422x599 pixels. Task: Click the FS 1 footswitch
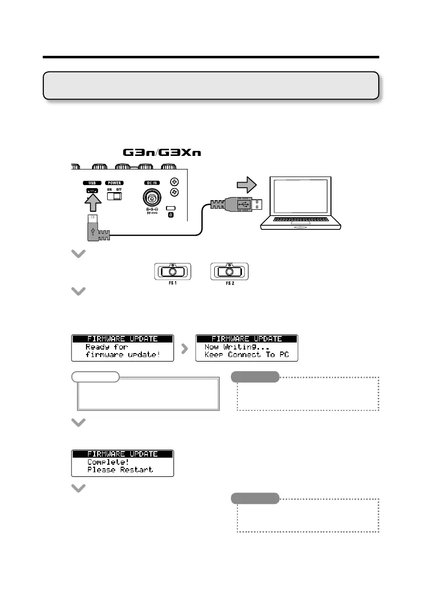tap(172, 272)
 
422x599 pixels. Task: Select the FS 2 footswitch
tap(229, 272)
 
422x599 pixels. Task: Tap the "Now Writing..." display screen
tap(246, 347)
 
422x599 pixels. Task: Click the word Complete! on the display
tap(108, 462)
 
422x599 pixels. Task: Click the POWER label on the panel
tap(115, 183)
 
